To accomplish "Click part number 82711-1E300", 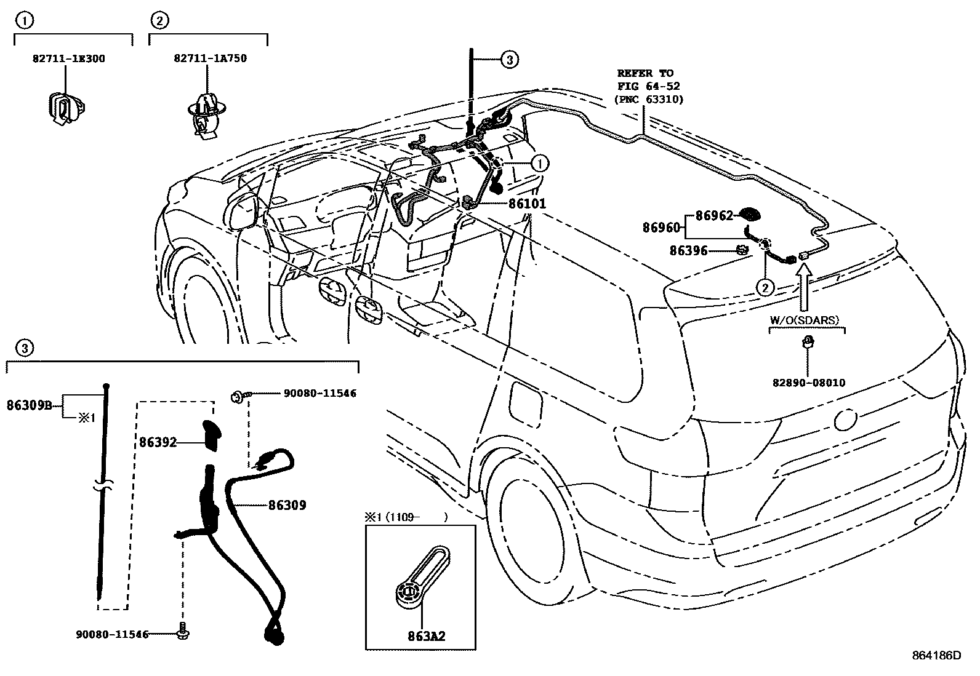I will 68,59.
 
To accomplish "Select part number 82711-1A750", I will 210,59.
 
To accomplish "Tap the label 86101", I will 527,204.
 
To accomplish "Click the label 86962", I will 714,216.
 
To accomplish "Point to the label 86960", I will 661,228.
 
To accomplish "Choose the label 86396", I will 688,251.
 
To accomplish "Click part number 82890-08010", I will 808,383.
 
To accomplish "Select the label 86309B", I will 30,405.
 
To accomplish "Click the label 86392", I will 158,442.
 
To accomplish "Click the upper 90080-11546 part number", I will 319,393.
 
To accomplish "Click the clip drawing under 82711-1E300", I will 63,109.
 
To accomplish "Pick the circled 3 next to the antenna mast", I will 508,60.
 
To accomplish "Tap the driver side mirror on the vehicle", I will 241,210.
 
